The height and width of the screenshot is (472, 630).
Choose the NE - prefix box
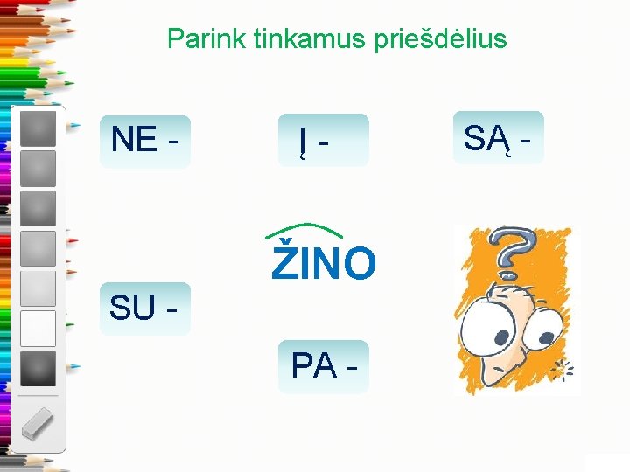tap(145, 140)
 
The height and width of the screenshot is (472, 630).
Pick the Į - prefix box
tap(323, 140)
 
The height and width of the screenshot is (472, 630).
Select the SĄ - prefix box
tap(498, 138)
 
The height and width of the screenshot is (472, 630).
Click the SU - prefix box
tap(144, 309)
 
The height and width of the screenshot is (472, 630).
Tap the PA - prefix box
tap(323, 366)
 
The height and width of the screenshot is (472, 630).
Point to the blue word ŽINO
tap(324, 264)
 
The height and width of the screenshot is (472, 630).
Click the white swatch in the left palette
tap(38, 329)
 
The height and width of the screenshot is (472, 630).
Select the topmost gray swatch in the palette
tap(38, 128)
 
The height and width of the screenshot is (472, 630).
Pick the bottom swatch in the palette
tap(38, 368)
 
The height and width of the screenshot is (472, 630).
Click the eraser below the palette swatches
tap(37, 425)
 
